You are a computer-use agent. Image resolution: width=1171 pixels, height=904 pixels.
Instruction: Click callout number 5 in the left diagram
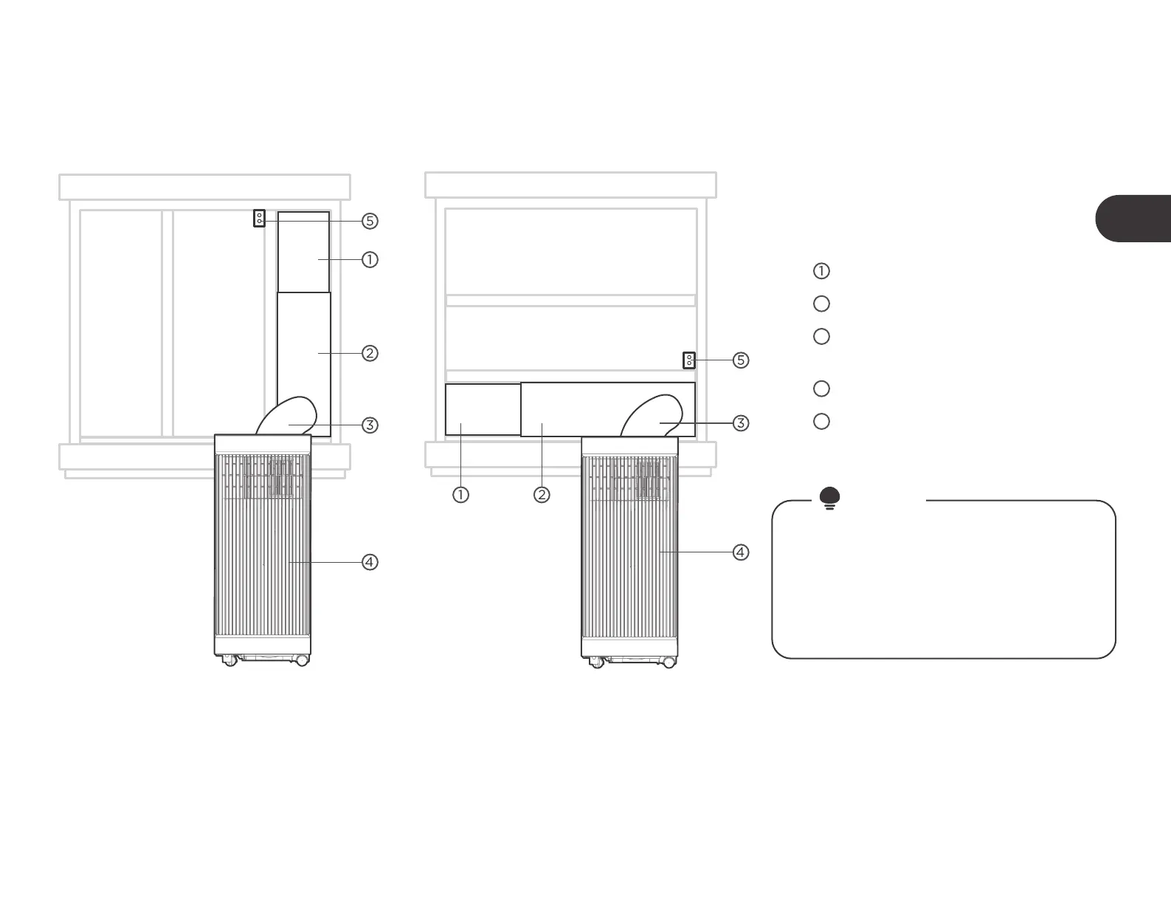(370, 221)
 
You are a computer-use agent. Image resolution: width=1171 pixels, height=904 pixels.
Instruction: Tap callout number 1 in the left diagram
(370, 260)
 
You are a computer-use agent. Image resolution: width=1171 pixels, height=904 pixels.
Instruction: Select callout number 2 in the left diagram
(370, 353)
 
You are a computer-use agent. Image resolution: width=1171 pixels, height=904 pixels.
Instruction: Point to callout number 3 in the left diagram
(370, 425)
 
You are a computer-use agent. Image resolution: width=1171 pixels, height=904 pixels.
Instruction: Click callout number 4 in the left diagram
(370, 562)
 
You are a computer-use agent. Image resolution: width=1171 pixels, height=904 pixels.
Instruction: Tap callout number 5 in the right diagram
(741, 360)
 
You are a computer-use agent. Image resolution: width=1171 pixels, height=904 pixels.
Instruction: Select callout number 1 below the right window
(460, 495)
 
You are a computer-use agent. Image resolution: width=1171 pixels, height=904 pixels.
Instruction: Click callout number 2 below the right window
(542, 495)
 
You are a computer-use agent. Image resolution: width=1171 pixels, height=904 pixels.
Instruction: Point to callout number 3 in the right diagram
(741, 423)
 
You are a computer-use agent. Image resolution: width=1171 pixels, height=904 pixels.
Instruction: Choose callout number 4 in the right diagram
(741, 552)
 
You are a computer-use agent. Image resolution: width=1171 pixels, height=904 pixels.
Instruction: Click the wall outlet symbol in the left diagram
(259, 219)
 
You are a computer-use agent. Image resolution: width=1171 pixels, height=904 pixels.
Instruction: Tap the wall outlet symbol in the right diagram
(688, 360)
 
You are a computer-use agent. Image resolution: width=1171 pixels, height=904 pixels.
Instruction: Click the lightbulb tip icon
(829, 499)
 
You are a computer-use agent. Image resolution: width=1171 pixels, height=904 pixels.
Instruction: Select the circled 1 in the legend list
(821, 271)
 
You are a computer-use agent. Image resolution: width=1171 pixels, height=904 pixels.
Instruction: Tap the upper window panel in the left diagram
(303, 251)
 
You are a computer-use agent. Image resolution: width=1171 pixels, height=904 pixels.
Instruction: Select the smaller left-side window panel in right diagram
(483, 409)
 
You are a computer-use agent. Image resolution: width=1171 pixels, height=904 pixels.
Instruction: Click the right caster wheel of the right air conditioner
(669, 662)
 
